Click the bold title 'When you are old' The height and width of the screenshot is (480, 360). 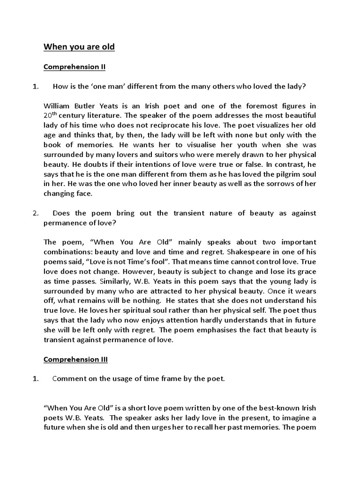(x=79, y=47)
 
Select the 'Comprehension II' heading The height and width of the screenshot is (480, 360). (x=75, y=67)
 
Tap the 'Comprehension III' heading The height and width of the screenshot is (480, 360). (x=75, y=360)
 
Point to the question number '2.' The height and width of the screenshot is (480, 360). (x=35, y=213)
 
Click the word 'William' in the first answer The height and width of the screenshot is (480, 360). (x=57, y=105)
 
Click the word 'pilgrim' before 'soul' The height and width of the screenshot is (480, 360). (x=285, y=174)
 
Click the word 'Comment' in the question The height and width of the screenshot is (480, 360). (x=68, y=379)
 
